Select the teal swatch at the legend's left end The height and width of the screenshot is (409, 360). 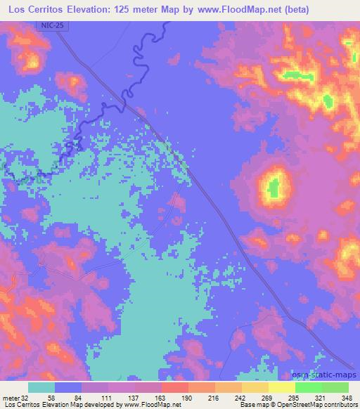(x=41, y=387)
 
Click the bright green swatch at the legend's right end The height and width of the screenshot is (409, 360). (x=334, y=387)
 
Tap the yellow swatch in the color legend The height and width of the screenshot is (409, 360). (x=281, y=387)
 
